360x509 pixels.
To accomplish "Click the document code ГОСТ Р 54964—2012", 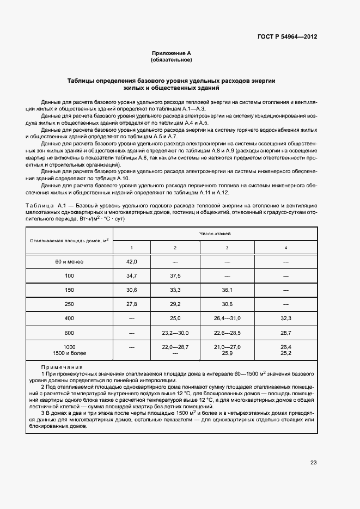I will click(287, 37).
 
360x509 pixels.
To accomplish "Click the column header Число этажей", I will click(215, 233).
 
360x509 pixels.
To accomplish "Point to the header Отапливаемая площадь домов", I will click(69, 240).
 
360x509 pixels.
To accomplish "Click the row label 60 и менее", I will click(69, 262).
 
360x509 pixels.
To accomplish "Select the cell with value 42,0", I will click(131, 262).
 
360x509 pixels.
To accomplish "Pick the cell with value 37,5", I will click(175, 276).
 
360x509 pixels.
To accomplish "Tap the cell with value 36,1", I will click(227, 290).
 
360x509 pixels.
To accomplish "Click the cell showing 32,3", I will click(286, 317).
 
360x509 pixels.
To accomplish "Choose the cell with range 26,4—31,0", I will click(227, 317).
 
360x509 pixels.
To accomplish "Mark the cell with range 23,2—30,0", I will click(175, 332).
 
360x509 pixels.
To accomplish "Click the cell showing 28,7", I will click(286, 332).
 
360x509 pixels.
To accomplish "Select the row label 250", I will click(69, 303).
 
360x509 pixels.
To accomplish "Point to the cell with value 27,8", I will click(131, 303).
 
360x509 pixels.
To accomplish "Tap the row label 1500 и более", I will click(69, 353).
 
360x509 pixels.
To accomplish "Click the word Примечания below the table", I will click(66, 367).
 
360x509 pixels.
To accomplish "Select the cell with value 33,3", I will click(175, 290).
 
